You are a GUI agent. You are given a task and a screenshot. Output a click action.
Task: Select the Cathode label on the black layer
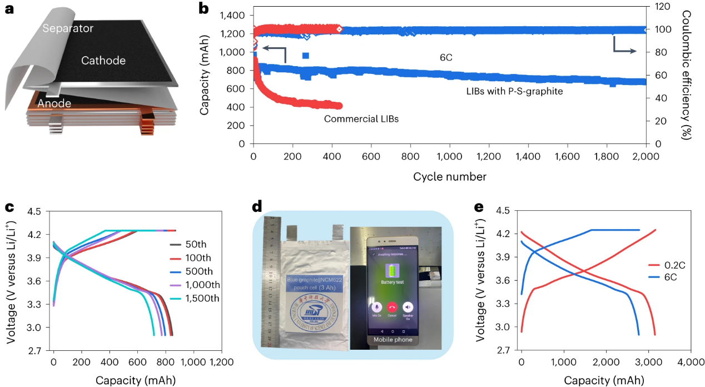(x=103, y=61)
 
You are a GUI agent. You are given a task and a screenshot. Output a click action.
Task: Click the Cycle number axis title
(x=449, y=177)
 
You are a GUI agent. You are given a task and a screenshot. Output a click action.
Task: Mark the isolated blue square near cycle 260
(x=305, y=56)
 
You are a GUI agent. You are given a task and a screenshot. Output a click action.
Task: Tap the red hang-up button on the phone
(x=393, y=306)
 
